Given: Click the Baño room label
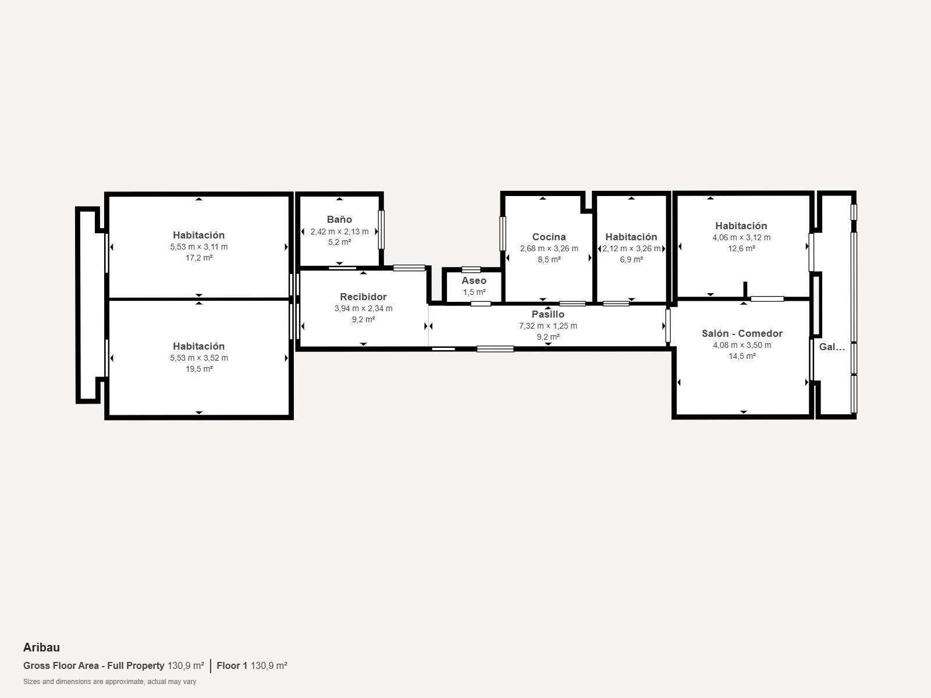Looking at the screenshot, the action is [x=339, y=219].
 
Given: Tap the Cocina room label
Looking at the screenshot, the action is [x=549, y=237].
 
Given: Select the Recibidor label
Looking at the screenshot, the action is [x=363, y=297].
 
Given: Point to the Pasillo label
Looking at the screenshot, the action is [x=548, y=314].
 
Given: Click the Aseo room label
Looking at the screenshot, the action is [x=474, y=280].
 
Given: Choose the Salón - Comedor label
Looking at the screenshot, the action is [x=742, y=333].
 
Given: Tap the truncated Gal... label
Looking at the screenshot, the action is [x=831, y=347].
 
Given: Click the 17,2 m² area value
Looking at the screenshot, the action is [x=199, y=258].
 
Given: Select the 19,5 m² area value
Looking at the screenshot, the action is [x=199, y=369].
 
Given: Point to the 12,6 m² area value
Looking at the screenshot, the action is [x=741, y=248].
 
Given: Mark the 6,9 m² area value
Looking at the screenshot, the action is [x=631, y=259].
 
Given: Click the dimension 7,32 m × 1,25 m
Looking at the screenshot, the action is [x=548, y=326].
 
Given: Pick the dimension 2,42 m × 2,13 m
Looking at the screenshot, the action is [x=339, y=232].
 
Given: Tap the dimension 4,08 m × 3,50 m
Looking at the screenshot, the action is [x=742, y=345].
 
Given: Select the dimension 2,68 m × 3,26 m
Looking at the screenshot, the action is [x=549, y=248].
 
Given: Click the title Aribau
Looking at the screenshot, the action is [x=41, y=647].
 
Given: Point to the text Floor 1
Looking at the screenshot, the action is [x=232, y=665].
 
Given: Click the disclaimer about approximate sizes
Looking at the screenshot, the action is [x=110, y=682].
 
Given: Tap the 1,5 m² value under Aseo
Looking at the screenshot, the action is [x=474, y=292].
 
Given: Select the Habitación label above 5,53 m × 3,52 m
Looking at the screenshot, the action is [x=199, y=346].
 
